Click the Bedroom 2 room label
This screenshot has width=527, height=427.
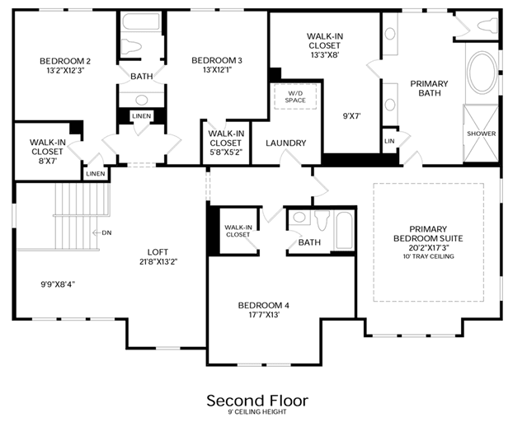65,61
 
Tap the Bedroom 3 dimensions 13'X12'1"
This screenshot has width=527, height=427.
217,70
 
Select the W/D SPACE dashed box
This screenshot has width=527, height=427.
295,96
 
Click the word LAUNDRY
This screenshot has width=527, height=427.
286,143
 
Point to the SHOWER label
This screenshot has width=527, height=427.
482,134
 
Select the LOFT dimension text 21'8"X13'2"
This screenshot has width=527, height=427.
158,261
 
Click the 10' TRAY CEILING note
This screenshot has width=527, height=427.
429,256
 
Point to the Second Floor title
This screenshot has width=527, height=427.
257,401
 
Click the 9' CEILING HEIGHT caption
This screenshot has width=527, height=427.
257,412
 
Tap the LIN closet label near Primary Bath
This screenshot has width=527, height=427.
389,141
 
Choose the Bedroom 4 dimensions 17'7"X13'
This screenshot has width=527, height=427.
264,315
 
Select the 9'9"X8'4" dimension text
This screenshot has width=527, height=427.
58,284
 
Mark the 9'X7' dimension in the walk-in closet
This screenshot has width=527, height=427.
351,116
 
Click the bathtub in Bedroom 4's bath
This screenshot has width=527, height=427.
344,231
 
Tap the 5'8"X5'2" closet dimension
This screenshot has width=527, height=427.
226,152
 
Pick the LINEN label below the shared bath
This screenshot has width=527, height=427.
142,116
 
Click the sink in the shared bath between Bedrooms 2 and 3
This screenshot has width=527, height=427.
142,100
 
